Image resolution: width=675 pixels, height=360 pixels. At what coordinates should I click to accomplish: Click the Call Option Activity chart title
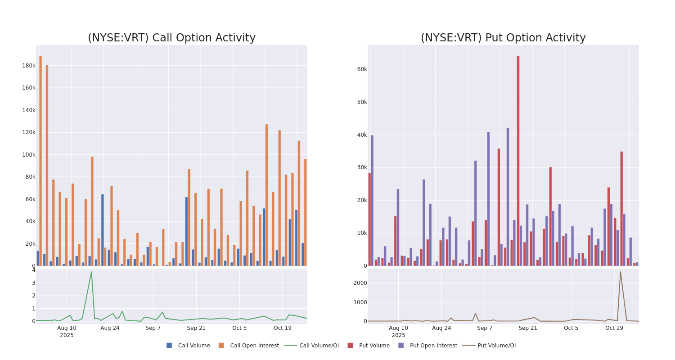[171, 38]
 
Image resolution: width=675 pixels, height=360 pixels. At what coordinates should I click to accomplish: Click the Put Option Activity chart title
[503, 38]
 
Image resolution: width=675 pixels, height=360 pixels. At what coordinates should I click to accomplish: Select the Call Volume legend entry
[189, 346]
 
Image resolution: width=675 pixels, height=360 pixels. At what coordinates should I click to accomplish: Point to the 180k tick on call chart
[29, 66]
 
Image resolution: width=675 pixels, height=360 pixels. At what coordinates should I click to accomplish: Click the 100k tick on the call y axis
[29, 155]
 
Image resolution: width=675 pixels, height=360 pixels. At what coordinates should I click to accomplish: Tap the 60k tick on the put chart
[362, 69]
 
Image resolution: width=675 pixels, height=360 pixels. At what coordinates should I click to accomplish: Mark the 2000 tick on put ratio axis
[360, 283]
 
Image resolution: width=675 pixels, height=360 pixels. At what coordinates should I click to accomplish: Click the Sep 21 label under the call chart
[196, 328]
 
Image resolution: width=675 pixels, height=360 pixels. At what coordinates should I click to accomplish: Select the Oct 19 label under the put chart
[614, 328]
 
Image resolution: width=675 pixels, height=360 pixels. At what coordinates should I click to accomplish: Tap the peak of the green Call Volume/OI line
[91, 272]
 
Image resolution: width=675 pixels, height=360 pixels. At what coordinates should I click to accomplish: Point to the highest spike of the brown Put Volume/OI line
[620, 272]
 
